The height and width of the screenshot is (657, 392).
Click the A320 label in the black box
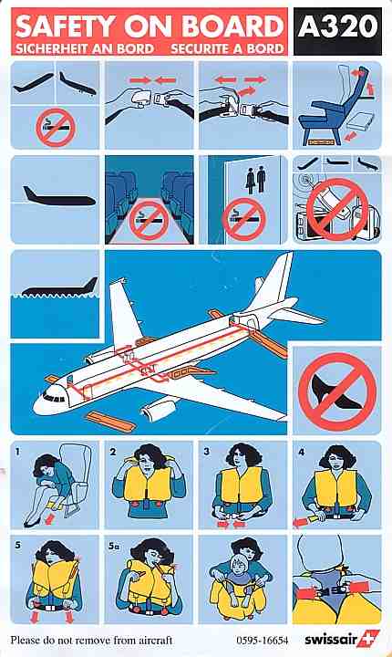coord(338,27)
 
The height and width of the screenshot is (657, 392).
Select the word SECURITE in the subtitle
coord(201,48)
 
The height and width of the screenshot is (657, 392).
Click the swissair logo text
coord(331,640)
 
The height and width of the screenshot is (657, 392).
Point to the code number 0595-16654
coord(263,641)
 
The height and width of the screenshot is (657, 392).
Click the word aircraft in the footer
coord(154,641)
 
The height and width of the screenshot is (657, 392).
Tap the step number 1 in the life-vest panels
coord(17,452)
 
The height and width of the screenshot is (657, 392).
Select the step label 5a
coord(113,546)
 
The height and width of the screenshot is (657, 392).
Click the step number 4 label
coord(301,452)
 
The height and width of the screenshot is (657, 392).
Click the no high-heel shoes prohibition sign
coord(337,391)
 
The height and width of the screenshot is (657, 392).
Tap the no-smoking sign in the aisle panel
coord(149,221)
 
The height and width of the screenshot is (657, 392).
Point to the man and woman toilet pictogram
coord(255,180)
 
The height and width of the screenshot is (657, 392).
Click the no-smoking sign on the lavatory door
coord(243,219)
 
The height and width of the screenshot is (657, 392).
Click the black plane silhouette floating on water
coord(59,288)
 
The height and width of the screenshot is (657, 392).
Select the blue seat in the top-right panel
coord(333,105)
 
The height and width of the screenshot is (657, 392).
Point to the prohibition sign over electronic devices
coord(337,210)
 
